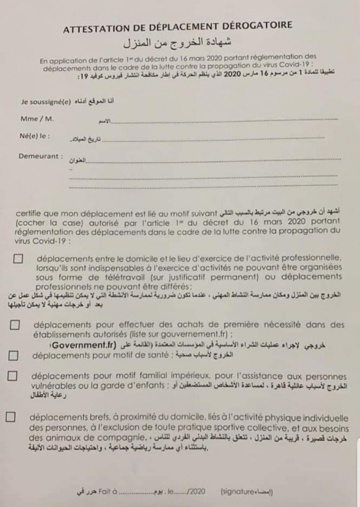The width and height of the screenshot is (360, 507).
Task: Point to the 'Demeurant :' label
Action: [41, 156]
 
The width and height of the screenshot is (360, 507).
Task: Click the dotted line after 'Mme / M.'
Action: [226, 119]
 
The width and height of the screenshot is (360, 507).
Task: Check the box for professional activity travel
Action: [18, 258]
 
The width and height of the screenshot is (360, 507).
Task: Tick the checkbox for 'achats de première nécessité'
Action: [15, 325]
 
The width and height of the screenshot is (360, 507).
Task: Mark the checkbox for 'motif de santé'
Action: [14, 356]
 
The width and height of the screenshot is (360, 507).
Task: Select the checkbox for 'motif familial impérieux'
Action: [13, 375]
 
